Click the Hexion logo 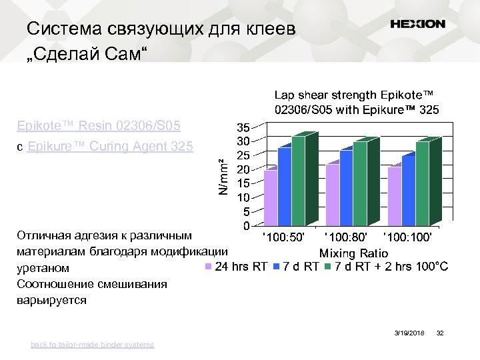click(417, 24)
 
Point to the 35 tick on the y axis click(243, 127)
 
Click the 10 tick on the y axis click(243, 197)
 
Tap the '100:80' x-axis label click(345, 236)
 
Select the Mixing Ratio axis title click(353, 253)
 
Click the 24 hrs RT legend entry click(236, 267)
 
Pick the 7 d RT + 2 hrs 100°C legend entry click(386, 267)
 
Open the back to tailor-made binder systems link click(92, 345)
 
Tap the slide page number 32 click(439, 332)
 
